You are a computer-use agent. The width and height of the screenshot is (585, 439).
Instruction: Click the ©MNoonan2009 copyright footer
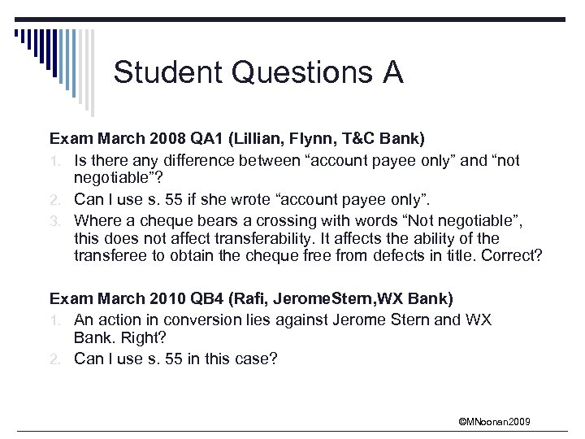[495, 421]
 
